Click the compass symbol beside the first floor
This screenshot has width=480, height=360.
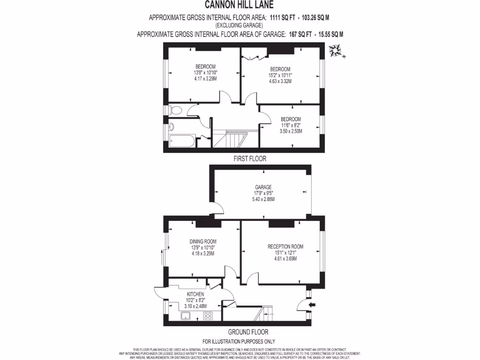[336, 51]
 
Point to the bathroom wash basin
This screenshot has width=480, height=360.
[171, 127]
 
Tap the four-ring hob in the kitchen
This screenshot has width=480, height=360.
[208, 315]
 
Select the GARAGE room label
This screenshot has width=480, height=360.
[263, 187]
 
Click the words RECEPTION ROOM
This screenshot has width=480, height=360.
[285, 247]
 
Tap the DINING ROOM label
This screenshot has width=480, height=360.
[203, 241]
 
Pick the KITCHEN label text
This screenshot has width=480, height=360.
[195, 294]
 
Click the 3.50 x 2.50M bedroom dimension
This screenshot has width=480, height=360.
[291, 131]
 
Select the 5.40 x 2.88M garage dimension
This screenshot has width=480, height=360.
[263, 199]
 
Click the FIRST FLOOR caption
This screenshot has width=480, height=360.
[250, 159]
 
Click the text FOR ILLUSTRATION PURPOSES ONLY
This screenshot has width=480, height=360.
[239, 342]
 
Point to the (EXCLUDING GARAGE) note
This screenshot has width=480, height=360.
[239, 25]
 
